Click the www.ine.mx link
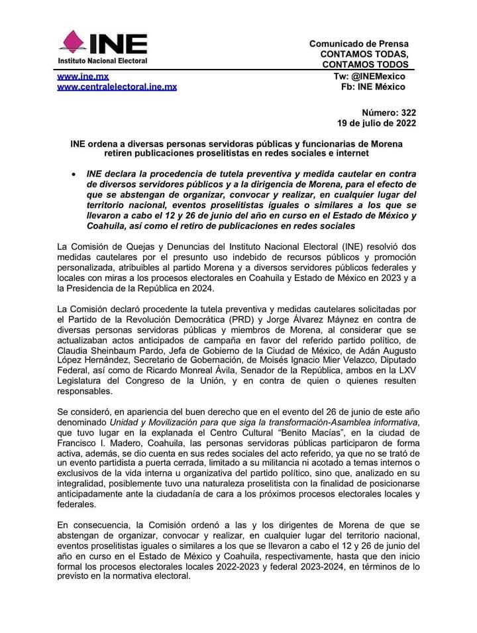tap(83, 77)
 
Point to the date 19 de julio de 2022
tap(376, 123)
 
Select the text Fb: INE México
tap(374, 87)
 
